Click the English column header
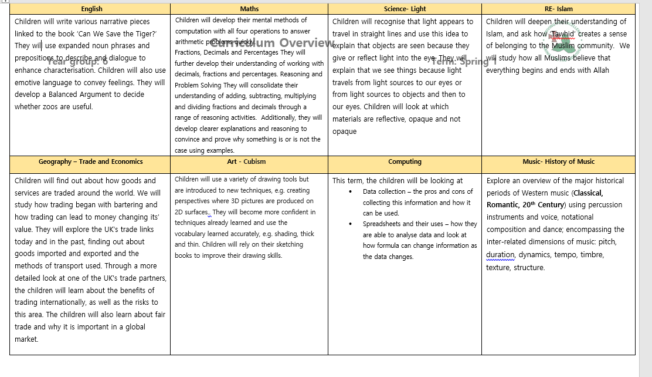coord(91,9)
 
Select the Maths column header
coord(249,9)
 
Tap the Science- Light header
coord(405,9)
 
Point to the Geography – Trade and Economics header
coord(91,161)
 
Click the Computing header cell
coord(405,161)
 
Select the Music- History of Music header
coord(558,161)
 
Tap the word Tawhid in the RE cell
coord(563,34)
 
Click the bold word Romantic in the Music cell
coord(504,205)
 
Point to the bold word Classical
coord(588,193)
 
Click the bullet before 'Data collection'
coord(351,192)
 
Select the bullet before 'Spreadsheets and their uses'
coord(351,224)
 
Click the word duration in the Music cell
coord(500,255)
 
